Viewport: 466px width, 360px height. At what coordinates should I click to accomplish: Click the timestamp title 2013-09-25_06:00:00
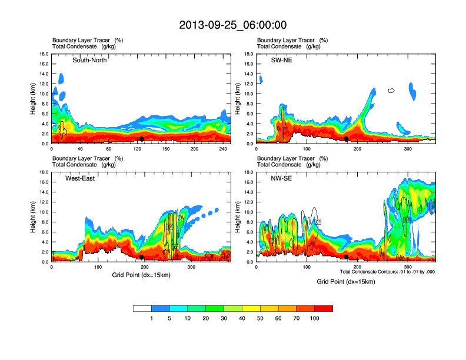coord(232,25)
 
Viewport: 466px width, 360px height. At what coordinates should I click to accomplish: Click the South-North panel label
coord(89,60)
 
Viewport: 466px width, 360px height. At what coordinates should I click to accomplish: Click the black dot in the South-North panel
coord(142,139)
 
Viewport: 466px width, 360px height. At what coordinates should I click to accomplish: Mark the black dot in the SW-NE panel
coord(347,139)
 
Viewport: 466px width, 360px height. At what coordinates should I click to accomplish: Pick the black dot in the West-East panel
coord(142,257)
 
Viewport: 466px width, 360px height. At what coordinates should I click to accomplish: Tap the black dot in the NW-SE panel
coord(347,257)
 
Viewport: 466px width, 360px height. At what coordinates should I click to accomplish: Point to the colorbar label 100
coord(315,318)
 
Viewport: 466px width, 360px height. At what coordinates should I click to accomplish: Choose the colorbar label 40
coord(242,318)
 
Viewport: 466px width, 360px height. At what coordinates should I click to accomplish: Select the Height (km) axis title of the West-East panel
coord(33,217)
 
